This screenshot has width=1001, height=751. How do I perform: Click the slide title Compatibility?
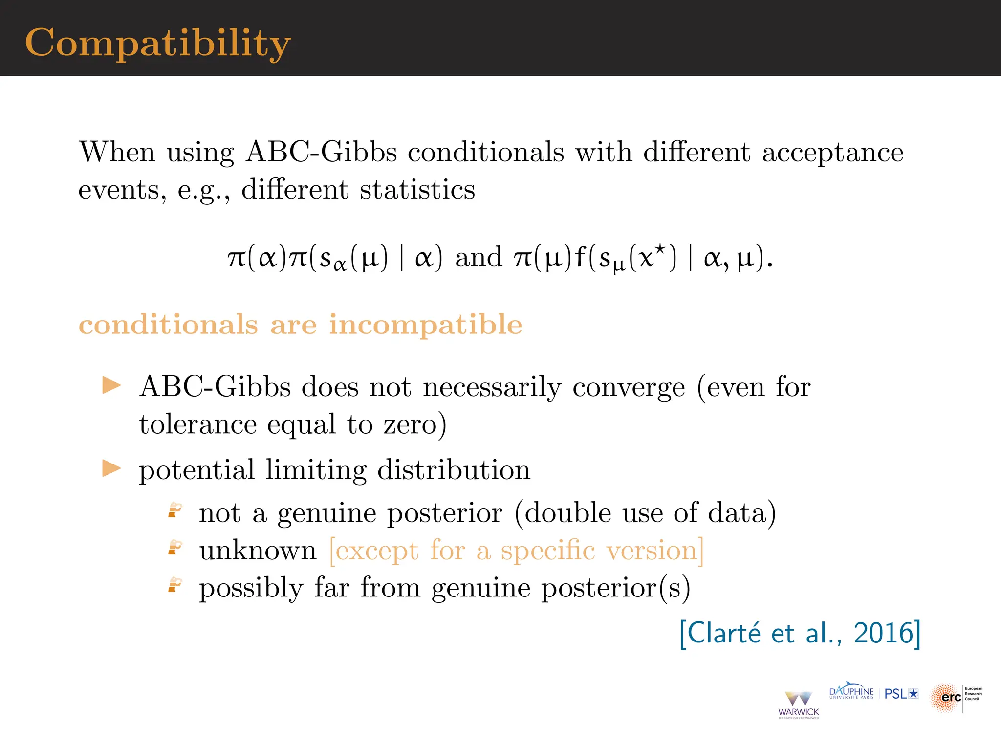point(157,43)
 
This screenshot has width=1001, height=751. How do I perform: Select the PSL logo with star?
point(901,694)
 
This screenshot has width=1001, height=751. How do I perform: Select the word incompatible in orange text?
point(425,325)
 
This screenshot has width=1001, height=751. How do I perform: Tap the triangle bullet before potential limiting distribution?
point(111,468)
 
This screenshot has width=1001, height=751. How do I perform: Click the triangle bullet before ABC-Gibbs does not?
point(111,385)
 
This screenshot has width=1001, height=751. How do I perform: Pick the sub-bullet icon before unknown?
point(174,548)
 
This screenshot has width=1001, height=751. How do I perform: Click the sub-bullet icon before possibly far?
point(174,585)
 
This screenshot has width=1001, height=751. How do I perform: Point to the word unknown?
point(258,551)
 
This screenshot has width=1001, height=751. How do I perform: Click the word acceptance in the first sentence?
point(832,153)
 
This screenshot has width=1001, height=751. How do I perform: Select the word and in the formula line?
point(479,257)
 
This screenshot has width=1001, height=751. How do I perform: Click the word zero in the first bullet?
point(410,424)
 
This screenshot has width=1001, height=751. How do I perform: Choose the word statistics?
point(417,190)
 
